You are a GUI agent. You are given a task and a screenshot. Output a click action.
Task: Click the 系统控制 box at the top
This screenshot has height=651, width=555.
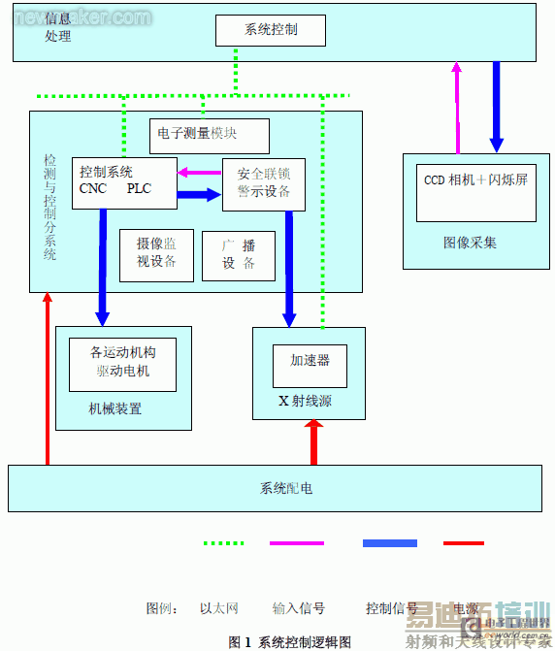point(270,30)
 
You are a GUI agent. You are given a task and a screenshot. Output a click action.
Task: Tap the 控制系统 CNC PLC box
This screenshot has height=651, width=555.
point(124,182)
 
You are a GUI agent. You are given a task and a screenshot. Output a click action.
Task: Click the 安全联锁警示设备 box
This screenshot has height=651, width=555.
point(264,183)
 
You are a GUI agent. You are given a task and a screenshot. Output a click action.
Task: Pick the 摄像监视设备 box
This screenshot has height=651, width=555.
point(156,255)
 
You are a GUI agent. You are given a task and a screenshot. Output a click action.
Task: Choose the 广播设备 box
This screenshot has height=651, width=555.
point(239,255)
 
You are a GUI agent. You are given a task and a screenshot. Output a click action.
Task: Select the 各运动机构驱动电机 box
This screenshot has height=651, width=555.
point(122,363)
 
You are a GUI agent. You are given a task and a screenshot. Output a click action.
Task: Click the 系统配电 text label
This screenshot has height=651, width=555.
point(285,488)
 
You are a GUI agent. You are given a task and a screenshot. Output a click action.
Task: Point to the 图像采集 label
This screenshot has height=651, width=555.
point(470,243)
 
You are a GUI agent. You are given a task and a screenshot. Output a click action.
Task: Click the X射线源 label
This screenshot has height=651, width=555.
point(305,401)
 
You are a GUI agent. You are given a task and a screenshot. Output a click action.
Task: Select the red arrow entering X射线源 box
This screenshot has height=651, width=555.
point(313,442)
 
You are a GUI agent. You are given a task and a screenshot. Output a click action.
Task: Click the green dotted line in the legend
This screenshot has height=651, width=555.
point(223,543)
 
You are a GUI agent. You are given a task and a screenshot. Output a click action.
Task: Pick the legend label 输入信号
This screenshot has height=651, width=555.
point(298,608)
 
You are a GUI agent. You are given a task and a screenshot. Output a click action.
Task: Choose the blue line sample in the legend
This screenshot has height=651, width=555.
point(389,543)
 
